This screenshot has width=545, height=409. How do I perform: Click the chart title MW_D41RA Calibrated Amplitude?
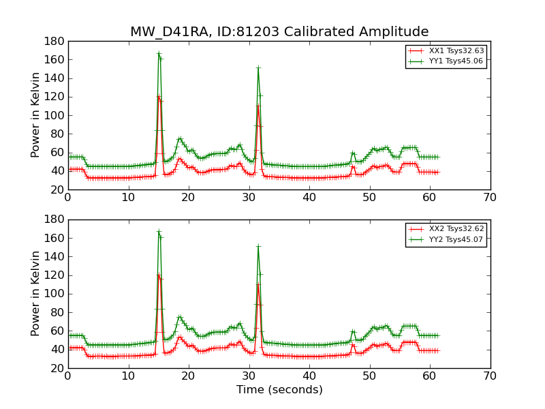(279, 32)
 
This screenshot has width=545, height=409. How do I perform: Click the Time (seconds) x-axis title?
(279, 390)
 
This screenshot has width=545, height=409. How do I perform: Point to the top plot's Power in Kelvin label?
(35, 115)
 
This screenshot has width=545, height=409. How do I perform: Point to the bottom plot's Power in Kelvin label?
(35, 293)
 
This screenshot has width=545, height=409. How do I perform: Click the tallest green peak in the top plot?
(159, 53)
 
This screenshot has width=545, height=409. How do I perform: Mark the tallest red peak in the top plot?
(159, 97)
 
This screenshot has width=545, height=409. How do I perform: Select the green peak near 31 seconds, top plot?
(258, 67)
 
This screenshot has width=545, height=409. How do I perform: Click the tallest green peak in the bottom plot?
(159, 232)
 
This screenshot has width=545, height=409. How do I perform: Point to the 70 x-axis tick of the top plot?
(490, 198)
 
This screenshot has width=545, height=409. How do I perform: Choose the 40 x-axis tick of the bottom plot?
(309, 376)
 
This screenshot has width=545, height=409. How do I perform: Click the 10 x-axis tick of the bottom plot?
(128, 376)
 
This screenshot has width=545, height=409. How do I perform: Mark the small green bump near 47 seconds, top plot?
(353, 153)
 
